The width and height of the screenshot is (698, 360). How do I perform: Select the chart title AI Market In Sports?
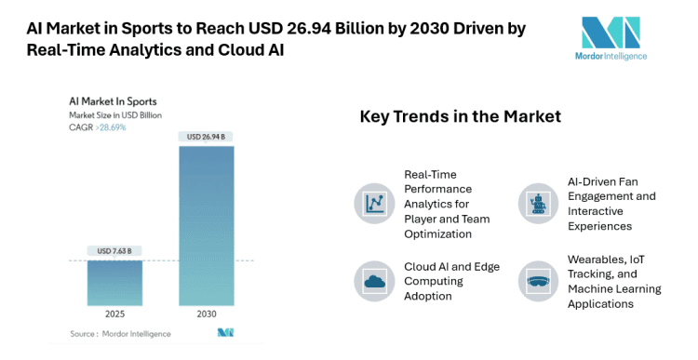point(113,100)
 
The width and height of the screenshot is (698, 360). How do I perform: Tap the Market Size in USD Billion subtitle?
point(116,114)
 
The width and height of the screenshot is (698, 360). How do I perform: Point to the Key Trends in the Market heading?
point(460,117)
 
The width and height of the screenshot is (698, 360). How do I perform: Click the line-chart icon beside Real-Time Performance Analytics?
point(375,202)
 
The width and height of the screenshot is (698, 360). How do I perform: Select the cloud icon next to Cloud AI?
point(375,281)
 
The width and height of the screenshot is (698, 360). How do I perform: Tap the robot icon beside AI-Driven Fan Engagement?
point(538,202)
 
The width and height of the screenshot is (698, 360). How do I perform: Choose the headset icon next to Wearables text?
point(538,281)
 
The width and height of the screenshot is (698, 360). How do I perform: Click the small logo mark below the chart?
point(224,331)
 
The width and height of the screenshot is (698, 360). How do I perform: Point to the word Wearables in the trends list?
point(597,260)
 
